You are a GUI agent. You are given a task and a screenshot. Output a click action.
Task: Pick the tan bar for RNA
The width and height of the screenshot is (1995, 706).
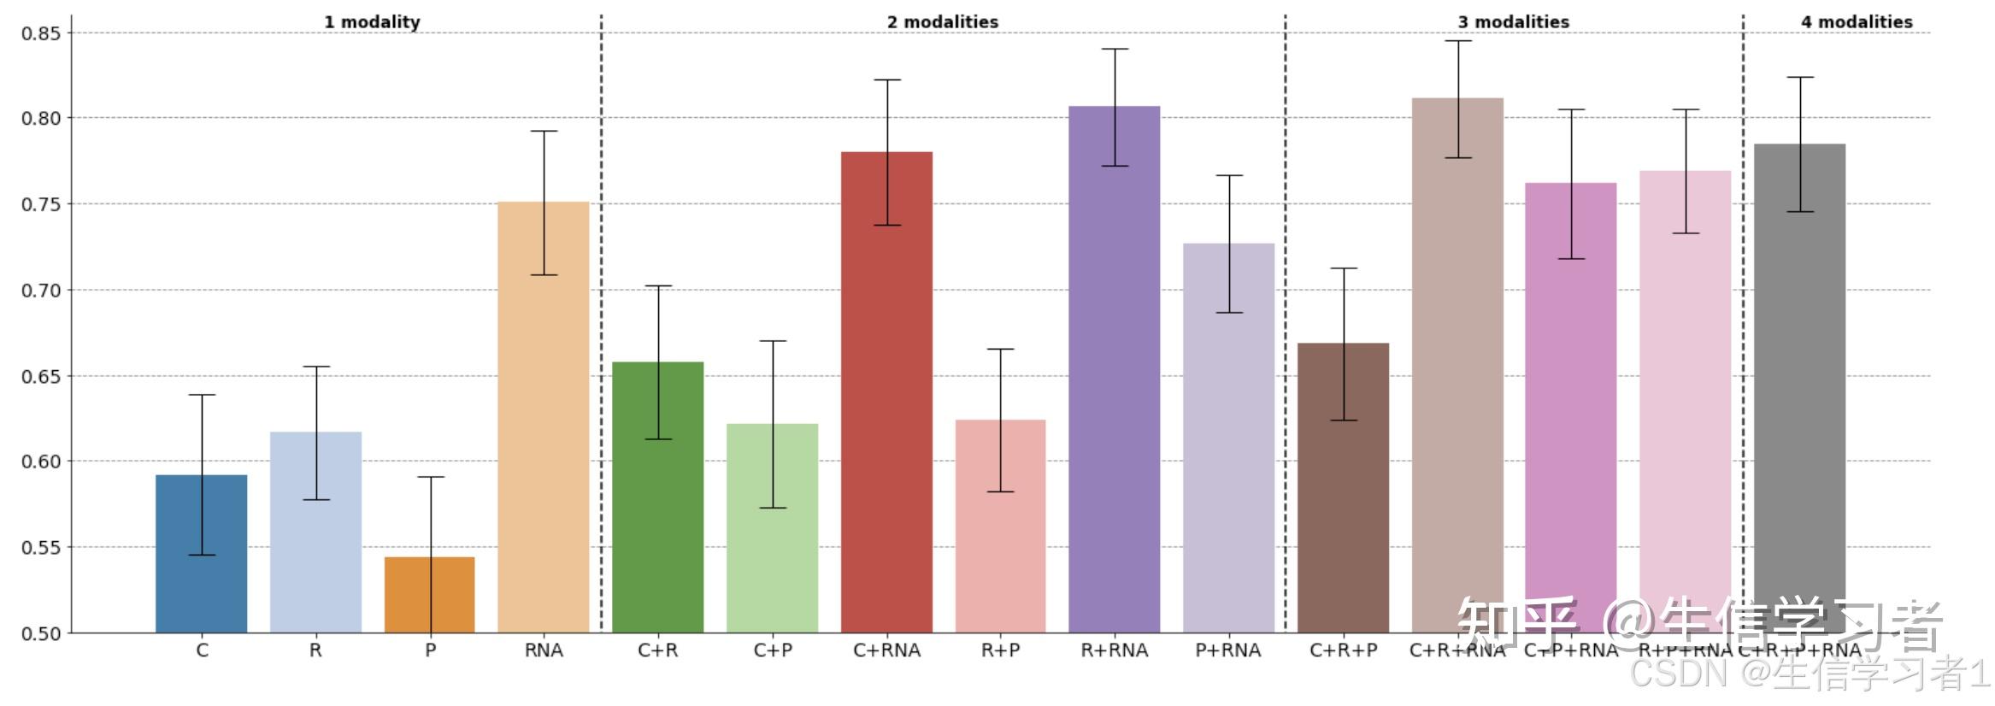(x=544, y=427)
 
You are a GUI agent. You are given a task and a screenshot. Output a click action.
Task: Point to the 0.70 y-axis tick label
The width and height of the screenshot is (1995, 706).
(x=41, y=291)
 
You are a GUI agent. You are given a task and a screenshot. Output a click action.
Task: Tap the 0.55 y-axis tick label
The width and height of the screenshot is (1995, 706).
(x=41, y=548)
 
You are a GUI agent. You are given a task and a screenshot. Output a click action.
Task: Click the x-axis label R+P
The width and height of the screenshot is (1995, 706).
(x=1000, y=650)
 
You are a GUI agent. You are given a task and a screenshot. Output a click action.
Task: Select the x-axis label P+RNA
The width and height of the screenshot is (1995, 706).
(x=1227, y=650)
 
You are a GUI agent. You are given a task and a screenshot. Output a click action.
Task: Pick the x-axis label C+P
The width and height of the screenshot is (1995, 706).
(x=773, y=650)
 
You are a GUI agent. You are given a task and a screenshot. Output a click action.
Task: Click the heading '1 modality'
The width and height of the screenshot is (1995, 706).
(x=372, y=22)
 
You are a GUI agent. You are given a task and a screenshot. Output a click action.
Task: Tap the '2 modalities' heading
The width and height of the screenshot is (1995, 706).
(x=942, y=22)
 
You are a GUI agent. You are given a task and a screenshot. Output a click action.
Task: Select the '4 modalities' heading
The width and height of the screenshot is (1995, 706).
(x=1857, y=22)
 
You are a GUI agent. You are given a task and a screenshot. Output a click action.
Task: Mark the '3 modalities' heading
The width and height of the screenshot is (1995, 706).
(x=1514, y=22)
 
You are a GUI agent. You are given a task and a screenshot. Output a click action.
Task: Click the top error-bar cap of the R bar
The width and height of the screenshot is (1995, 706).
(x=316, y=367)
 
